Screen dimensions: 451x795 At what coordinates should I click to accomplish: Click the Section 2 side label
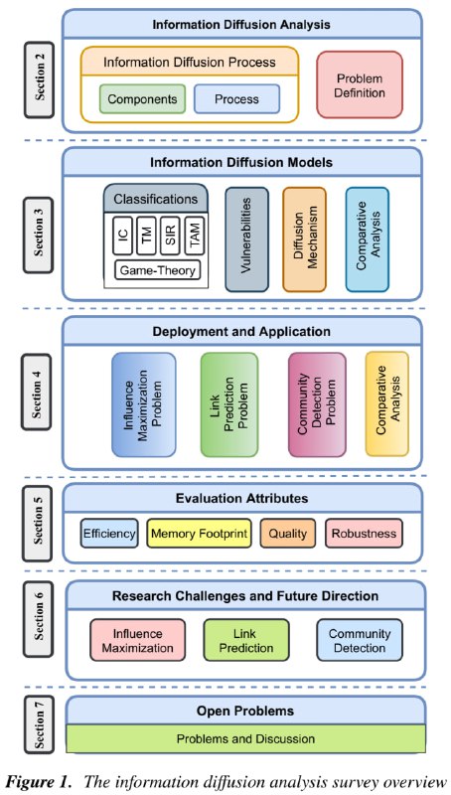coord(39,80)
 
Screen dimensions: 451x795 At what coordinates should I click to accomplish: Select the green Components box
coord(142,98)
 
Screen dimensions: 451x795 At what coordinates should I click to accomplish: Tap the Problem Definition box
coord(360,84)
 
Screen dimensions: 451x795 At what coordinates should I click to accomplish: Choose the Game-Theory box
coord(157,270)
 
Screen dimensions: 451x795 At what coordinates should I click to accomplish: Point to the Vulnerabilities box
coord(246,239)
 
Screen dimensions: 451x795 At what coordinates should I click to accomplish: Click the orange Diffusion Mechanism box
coord(305,239)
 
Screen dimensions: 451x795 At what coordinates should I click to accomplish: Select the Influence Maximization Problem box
coord(144,404)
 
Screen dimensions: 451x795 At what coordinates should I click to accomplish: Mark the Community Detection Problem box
coord(317,404)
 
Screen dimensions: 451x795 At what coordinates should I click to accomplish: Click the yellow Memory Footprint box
coord(199,534)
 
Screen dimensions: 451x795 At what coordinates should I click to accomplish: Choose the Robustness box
coord(364,534)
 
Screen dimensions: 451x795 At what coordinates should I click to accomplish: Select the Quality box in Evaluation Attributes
coord(288,534)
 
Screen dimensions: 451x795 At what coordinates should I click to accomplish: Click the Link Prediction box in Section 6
coord(246,640)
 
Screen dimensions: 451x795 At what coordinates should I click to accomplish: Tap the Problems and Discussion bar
coord(245,738)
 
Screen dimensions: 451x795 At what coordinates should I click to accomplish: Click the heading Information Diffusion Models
coord(241,163)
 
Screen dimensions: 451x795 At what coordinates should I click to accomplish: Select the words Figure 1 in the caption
coord(41,781)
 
